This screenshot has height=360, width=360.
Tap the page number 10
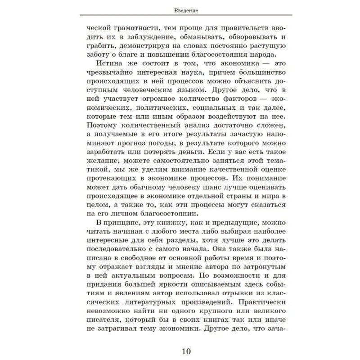click(180, 351)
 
